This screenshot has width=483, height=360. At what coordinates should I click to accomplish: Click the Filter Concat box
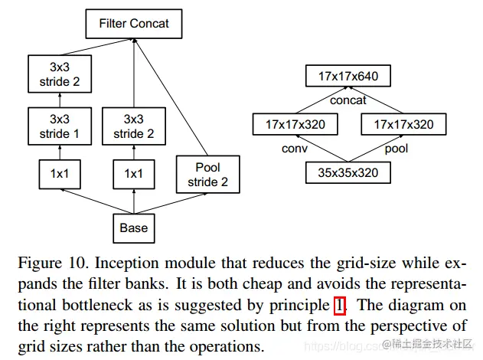pyautogui.click(x=134, y=24)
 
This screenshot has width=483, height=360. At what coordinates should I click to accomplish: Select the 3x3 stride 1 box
pyautogui.click(x=60, y=126)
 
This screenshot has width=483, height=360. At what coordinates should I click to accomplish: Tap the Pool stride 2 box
pyautogui.click(x=208, y=175)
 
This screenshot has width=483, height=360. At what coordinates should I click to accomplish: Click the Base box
pyautogui.click(x=134, y=228)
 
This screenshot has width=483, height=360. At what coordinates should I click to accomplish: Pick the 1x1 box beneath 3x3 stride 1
pyautogui.click(x=60, y=174)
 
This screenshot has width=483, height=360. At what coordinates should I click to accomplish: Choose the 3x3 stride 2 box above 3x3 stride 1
pyautogui.click(x=60, y=74)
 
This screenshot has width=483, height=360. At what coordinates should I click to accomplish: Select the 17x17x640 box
pyautogui.click(x=348, y=76)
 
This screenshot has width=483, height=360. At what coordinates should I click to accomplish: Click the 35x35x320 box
pyautogui.click(x=348, y=172)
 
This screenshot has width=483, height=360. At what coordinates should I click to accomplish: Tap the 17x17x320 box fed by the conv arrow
pyautogui.click(x=295, y=124)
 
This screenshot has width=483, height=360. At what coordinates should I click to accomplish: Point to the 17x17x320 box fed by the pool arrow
pyautogui.click(x=403, y=124)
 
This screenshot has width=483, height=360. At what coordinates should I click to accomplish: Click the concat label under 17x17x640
pyautogui.click(x=348, y=100)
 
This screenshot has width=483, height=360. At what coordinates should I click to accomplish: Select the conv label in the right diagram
pyautogui.click(x=295, y=149)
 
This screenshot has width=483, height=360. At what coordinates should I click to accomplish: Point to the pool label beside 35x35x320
pyautogui.click(x=397, y=149)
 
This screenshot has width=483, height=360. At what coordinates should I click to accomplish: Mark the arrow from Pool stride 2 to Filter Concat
pyautogui.click(x=171, y=97)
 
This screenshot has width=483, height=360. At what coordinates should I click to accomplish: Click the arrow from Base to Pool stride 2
pyautogui.click(x=171, y=204)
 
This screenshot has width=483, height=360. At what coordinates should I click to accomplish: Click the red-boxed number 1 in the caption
pyautogui.click(x=339, y=306)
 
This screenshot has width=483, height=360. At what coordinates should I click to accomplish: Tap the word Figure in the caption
pyautogui.click(x=40, y=263)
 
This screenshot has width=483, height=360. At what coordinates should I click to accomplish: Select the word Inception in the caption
pyautogui.click(x=127, y=263)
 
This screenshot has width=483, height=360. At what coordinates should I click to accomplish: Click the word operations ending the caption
pyautogui.click(x=227, y=347)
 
